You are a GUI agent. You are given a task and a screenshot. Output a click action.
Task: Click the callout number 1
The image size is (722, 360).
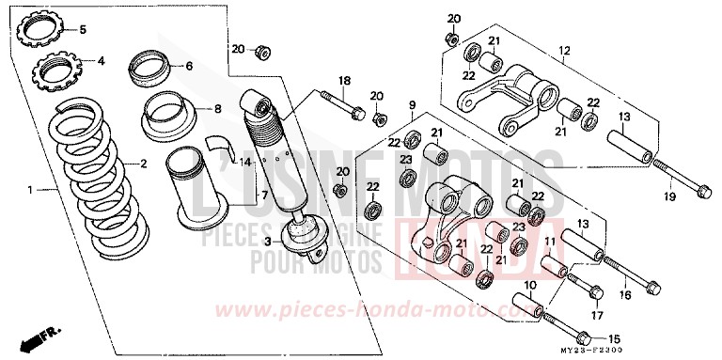(x=31, y=191)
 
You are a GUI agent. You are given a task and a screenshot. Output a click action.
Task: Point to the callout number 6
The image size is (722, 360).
(x=188, y=66)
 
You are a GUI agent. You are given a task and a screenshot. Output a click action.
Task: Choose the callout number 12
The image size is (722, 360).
(x=564, y=50)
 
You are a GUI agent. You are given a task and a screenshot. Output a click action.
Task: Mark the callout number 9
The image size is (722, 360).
(x=411, y=103)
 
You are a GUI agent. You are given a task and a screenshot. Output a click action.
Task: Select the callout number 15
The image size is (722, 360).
(x=617, y=339)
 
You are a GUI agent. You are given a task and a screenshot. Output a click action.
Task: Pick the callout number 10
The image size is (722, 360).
(x=528, y=285)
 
